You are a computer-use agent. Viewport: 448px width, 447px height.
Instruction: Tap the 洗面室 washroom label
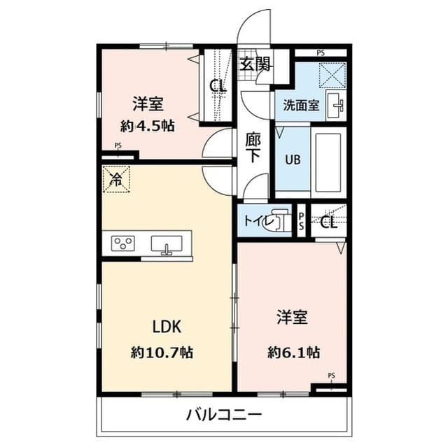[x=301, y=106]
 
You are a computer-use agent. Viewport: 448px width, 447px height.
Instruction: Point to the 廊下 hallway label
[x=253, y=147]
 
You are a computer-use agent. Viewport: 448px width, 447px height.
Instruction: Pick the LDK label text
[x=167, y=326]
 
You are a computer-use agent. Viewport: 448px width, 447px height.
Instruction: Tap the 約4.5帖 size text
[x=147, y=126]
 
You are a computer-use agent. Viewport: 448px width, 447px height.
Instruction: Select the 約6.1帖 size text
[x=293, y=351]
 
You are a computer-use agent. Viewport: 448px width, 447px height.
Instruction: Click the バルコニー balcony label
[x=224, y=415]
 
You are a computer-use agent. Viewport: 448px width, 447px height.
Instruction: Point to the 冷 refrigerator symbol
[x=116, y=178]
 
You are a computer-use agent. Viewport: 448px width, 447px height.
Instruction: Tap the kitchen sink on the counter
[x=167, y=245]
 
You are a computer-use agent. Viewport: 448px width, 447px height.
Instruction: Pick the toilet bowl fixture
[x=281, y=221]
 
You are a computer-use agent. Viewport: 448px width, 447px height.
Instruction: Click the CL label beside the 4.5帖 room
[x=218, y=87]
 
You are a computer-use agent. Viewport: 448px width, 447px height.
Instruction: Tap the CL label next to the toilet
[x=329, y=223]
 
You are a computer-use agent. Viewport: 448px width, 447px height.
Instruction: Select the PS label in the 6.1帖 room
[x=331, y=376]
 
